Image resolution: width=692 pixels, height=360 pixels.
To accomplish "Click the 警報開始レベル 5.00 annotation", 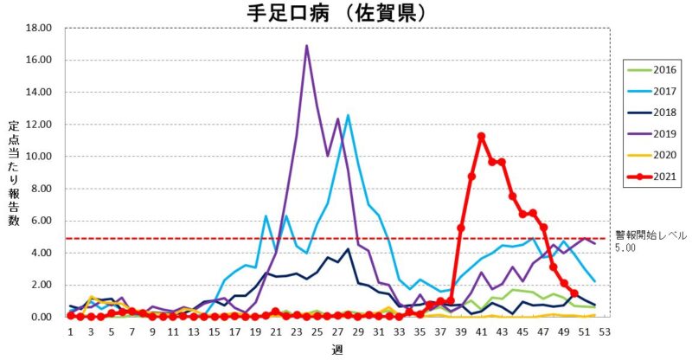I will point(649,241).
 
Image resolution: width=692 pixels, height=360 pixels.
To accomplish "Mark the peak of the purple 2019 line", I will point(307,46).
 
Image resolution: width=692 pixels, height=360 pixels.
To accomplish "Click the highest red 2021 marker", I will point(481,136).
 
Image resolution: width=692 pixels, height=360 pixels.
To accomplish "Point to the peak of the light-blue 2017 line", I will point(349,115).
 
